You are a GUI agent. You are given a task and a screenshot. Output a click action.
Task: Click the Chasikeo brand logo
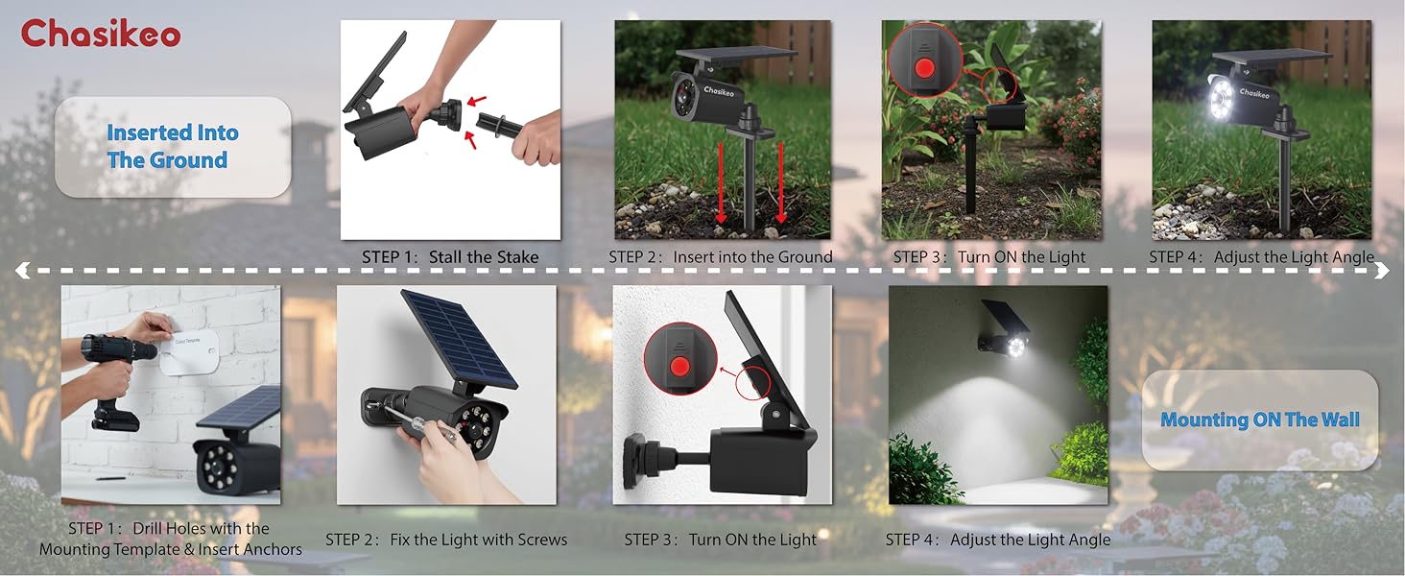click(x=101, y=35)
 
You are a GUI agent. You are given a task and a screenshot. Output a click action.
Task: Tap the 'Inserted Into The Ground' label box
click(x=173, y=147)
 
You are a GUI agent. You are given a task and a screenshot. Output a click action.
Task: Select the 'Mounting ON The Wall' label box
click(x=1259, y=420)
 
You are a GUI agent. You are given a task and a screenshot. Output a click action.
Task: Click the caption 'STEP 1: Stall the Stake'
click(x=450, y=257)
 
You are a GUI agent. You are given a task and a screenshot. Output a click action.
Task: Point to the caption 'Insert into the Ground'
click(x=752, y=257)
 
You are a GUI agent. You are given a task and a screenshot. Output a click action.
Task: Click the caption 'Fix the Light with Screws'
click(x=478, y=540)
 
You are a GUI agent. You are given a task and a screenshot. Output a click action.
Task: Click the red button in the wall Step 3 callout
click(x=682, y=366)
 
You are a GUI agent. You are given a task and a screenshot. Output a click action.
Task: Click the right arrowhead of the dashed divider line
click(x=1383, y=273)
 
